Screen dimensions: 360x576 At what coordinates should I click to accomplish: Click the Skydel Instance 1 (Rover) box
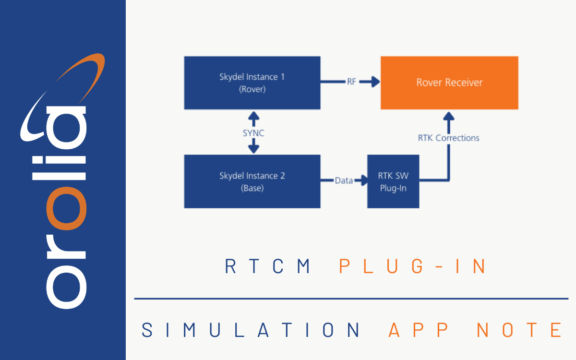(252, 83)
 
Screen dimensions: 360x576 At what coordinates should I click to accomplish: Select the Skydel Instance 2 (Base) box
(252, 181)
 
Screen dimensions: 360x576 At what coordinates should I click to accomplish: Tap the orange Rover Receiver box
(449, 83)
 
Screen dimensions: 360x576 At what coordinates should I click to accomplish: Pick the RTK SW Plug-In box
(393, 181)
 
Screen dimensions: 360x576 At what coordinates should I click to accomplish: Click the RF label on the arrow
(351, 82)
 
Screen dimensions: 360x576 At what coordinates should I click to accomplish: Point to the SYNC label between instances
(253, 133)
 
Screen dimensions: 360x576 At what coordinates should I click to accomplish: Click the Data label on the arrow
(344, 180)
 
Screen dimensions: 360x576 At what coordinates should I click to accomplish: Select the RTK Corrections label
(448, 138)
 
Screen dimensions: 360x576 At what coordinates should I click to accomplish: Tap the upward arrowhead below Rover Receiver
(448, 117)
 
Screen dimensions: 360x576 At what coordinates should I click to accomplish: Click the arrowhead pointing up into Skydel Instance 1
(253, 116)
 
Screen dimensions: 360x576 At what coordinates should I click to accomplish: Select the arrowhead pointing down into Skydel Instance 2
(253, 149)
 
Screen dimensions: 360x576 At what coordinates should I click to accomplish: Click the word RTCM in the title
(269, 266)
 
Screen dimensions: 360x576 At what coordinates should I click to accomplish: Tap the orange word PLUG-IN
(413, 266)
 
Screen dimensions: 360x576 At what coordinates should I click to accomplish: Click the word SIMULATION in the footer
(252, 330)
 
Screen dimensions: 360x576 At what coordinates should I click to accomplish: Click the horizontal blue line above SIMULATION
(350, 299)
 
